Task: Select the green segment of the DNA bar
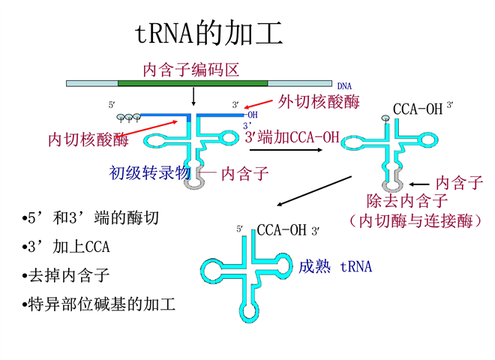pyautogui.click(x=192, y=81)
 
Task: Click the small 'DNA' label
pyautogui.click(x=344, y=86)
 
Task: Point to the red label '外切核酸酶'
pyautogui.click(x=318, y=101)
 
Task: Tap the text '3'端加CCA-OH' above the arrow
pyautogui.click(x=292, y=137)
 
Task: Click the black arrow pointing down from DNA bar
pyautogui.click(x=193, y=96)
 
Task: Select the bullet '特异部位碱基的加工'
pyautogui.click(x=98, y=304)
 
